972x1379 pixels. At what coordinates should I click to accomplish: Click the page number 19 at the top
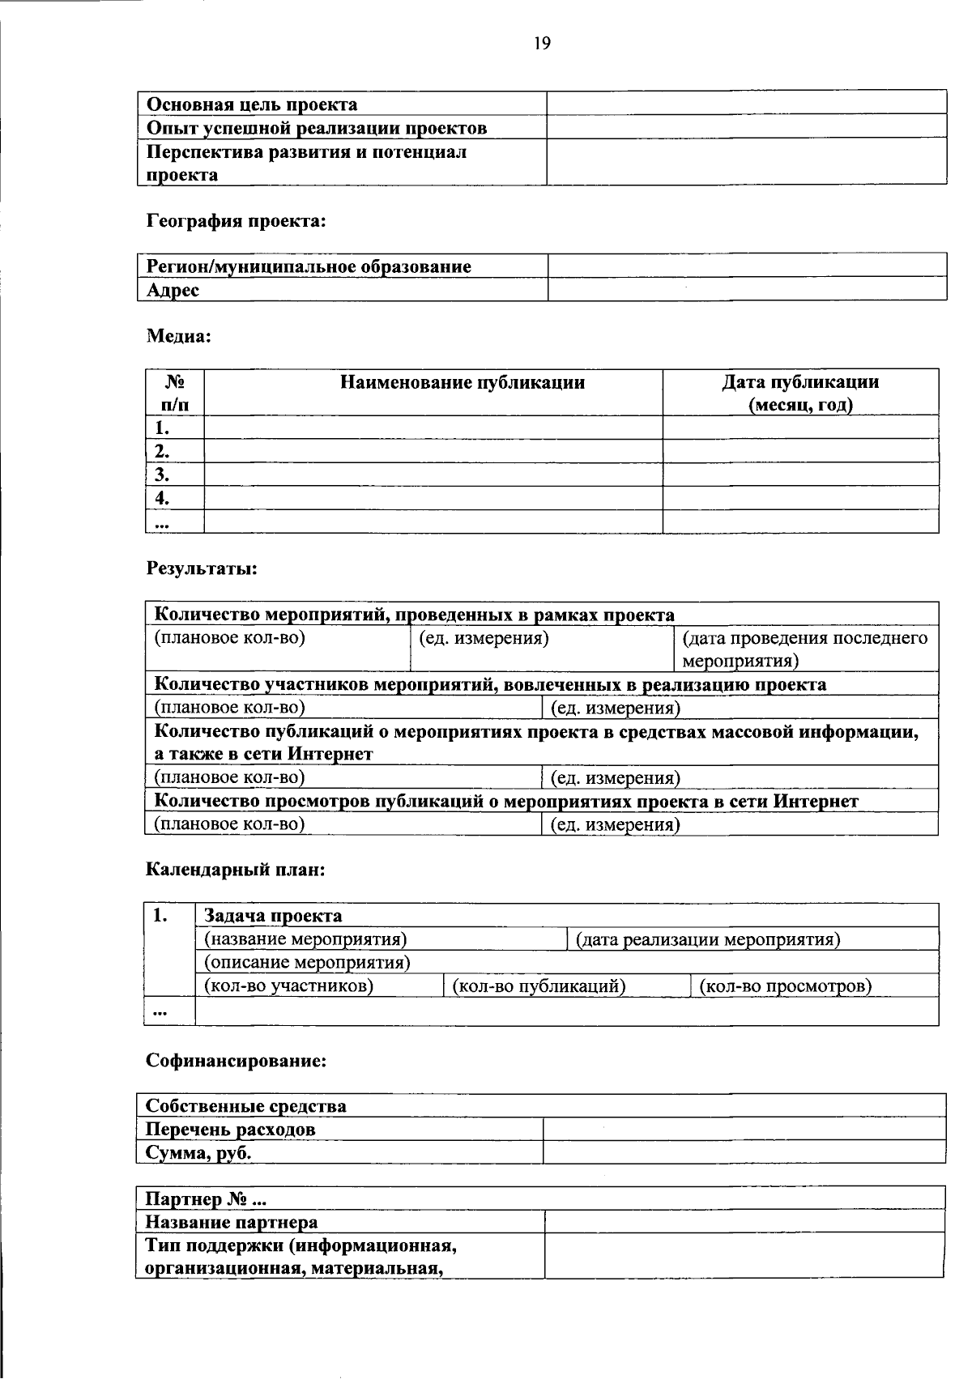pos(542,44)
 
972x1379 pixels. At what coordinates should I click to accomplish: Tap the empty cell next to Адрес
pos(747,289)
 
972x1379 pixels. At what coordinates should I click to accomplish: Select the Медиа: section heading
pos(178,336)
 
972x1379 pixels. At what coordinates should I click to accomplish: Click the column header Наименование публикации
pos(462,382)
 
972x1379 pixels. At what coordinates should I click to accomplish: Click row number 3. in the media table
pos(162,474)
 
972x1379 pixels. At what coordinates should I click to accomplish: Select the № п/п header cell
pos(174,393)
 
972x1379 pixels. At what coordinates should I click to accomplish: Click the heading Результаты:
pos(202,568)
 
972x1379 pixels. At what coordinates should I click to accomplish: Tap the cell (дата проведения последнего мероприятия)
pos(804,649)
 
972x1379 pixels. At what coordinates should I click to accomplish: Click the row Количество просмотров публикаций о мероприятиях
pos(506,801)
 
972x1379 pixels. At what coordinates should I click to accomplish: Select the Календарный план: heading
pos(236,870)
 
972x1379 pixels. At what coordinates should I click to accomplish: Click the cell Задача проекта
pos(273,916)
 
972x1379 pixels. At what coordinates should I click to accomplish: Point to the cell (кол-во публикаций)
pos(539,985)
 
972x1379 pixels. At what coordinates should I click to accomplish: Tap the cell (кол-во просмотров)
pos(786,985)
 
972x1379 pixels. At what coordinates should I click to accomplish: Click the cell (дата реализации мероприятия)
pos(708,939)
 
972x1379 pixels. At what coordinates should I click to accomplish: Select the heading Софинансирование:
pos(236,1060)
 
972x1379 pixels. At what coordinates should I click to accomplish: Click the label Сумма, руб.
pos(198,1152)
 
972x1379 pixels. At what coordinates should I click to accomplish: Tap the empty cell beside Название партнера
pos(744,1221)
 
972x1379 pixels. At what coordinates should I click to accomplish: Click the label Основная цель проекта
pos(252,104)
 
